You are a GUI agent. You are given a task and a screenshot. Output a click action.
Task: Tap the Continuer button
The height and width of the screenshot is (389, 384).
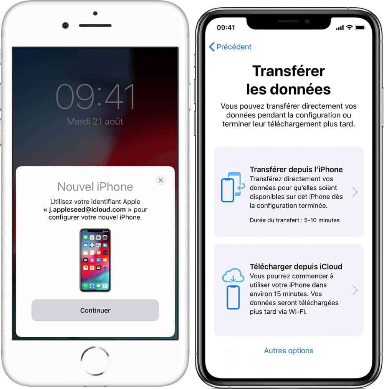coord(95,310)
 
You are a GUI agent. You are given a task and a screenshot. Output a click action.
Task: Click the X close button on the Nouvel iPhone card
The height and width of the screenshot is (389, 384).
coord(161,180)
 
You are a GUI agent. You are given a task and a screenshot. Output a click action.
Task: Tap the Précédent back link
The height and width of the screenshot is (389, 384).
coord(230,46)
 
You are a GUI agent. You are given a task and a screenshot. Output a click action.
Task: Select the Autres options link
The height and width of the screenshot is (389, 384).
coord(288,351)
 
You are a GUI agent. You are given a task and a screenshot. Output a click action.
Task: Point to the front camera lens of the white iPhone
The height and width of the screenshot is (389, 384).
coord(66,25)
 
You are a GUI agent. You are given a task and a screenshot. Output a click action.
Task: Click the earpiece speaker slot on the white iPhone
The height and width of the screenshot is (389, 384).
coord(95,25)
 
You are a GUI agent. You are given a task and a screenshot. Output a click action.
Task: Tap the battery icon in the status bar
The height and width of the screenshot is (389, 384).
coord(361,28)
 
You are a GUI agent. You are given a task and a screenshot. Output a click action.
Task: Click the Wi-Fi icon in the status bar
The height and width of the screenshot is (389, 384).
coord(349,27)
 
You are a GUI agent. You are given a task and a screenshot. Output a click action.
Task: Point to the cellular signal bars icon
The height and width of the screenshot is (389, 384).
coord(340,28)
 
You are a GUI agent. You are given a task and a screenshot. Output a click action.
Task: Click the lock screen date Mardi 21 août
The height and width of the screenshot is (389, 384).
coord(95,121)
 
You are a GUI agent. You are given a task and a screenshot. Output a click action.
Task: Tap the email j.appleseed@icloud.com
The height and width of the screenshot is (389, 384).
coord(87,210)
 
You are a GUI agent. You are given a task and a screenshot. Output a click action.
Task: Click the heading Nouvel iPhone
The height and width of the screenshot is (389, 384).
coord(95,187)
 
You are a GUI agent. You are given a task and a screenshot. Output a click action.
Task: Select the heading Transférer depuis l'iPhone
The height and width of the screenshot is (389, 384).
coord(296,169)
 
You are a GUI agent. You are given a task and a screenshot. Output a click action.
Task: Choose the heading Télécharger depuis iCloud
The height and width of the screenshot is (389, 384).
coord(296,267)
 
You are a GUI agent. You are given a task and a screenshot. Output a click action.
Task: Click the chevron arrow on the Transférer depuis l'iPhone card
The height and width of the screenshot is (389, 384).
coord(355,192)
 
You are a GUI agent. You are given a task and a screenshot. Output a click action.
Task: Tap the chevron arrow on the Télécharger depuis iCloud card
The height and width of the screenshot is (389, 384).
coord(355,290)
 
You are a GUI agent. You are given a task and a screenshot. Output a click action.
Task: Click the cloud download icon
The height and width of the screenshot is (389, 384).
coord(233,275)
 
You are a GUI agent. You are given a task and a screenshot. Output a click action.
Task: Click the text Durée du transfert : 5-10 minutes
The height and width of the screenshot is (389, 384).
coord(295,220)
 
